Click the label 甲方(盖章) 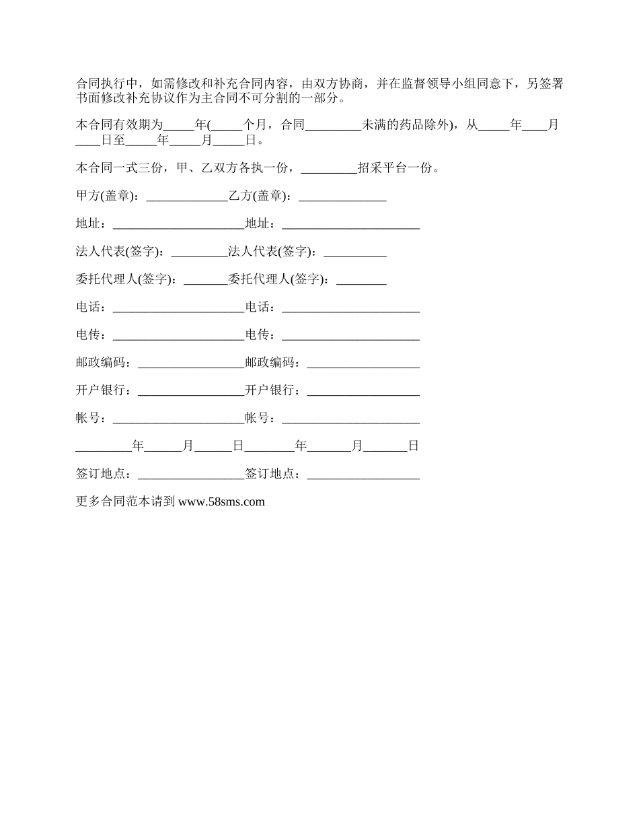coord(107,196)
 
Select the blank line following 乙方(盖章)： coord(342,197)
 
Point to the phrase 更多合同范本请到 coord(126,502)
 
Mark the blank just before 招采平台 coord(329,170)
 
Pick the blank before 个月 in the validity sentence coord(226,127)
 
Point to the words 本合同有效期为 coord(119,125)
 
